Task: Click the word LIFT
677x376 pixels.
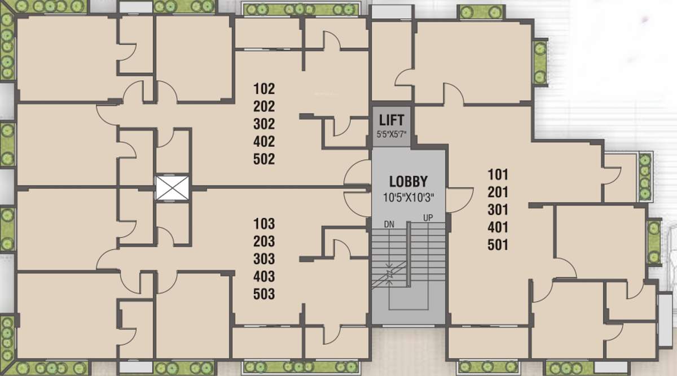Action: [x=392, y=120]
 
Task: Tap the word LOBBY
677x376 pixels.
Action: [x=408, y=182]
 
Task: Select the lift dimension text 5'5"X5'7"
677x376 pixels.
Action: [x=392, y=134]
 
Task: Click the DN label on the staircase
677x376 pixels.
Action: [x=389, y=224]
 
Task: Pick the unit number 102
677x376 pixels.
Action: [x=264, y=89]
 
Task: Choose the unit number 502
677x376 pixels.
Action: [x=264, y=159]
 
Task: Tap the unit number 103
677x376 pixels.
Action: [x=264, y=224]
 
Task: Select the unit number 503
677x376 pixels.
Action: [x=264, y=294]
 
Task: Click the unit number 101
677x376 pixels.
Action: [x=498, y=174]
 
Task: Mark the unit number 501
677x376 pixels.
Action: [x=498, y=245]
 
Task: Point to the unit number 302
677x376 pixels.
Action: [x=264, y=124]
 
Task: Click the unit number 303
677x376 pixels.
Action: [x=264, y=259]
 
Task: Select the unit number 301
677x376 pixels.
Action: [x=498, y=209]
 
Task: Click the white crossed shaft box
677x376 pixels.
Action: [x=172, y=187]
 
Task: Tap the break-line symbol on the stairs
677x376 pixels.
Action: [x=389, y=273]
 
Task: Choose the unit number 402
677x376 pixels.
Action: [x=264, y=141]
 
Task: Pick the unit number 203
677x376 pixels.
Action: [x=264, y=242]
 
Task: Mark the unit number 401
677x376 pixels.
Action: [x=498, y=228]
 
